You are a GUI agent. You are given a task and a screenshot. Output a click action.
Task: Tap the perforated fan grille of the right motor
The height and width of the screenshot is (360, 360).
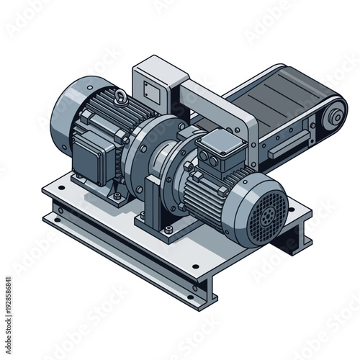265,214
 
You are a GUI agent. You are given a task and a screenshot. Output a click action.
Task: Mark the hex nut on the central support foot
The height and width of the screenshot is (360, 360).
168,230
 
